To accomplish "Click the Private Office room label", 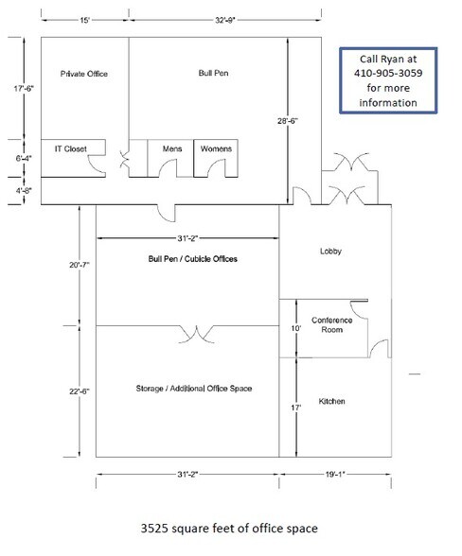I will tap(81, 73).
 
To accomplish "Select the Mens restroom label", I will tap(171, 149).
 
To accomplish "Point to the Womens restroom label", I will tap(216, 149).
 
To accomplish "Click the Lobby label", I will tap(330, 252).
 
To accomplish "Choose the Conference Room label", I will tap(332, 324).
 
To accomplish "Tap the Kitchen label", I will tap(331, 402).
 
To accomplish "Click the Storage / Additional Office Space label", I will tap(187, 389).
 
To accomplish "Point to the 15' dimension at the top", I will tap(84, 19).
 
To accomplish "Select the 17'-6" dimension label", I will tap(14, 90).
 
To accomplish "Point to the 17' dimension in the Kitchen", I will tap(294, 408).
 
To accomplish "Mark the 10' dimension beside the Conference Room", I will tap(294, 328).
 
